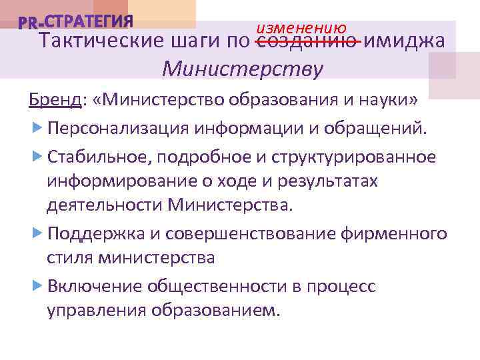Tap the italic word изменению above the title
pyautogui.click(x=301, y=27)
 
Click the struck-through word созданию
pyautogui.click(x=308, y=41)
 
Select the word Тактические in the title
pyautogui.click(x=96, y=41)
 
